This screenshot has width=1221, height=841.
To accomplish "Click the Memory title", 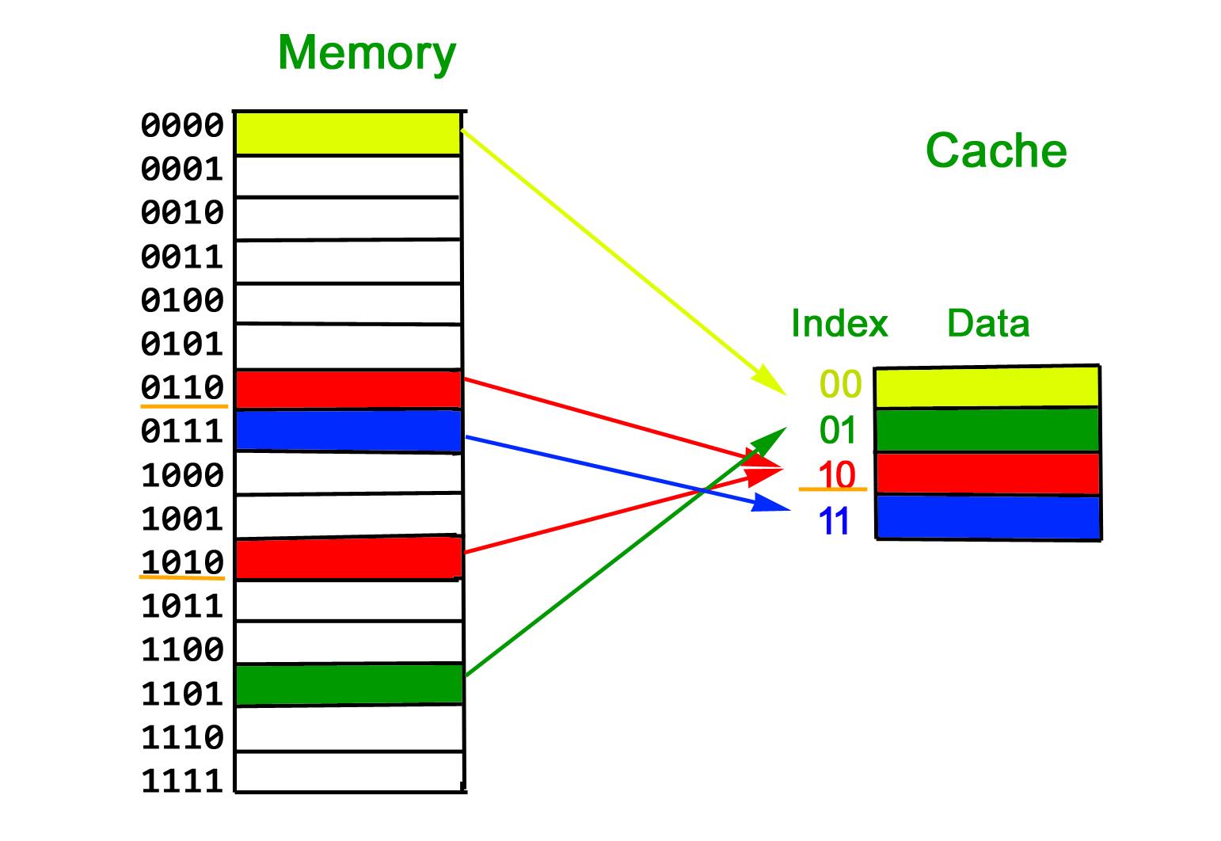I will (367, 53).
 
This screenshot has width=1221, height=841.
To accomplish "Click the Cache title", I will (995, 150).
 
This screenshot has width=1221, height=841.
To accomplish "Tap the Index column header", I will (839, 323).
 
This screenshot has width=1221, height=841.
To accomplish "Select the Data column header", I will (987, 323).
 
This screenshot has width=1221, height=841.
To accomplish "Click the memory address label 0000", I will (182, 126).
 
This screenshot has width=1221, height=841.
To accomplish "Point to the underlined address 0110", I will (182, 388).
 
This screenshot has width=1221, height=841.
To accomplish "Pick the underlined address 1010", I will (182, 562).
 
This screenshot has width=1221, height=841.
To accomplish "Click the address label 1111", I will (182, 782).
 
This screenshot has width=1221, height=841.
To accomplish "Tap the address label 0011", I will (182, 257).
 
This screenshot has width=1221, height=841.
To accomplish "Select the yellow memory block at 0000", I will (348, 133).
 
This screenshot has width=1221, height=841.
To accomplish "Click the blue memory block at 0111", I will (348, 431).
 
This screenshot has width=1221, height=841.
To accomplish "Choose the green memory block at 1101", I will (348, 684).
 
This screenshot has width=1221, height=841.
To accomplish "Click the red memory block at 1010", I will (348, 558).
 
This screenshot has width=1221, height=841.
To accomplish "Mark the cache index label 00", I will (839, 385).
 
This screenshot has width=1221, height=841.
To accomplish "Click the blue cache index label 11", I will (835, 522).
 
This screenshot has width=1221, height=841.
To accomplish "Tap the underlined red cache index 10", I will (836, 476).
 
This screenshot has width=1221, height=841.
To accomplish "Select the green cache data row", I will (987, 430).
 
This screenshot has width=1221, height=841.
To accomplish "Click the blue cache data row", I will (987, 517).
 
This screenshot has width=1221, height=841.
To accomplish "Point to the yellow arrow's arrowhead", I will (774, 383).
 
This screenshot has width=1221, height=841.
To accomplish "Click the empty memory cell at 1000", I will (348, 473).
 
